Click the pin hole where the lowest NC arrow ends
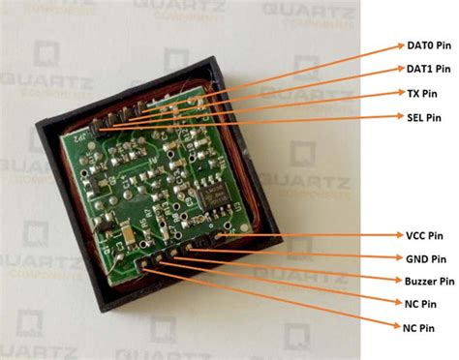[x=147, y=264]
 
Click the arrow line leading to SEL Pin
[x=252, y=121]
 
